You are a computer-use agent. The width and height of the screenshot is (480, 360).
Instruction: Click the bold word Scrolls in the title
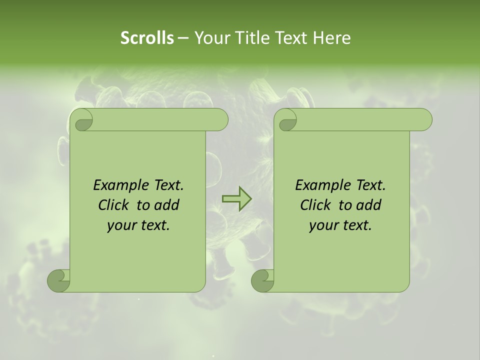[x=147, y=38]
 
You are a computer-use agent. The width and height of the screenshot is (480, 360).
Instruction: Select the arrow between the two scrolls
[x=236, y=199]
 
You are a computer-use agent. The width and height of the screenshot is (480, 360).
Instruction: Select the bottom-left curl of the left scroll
[x=59, y=280]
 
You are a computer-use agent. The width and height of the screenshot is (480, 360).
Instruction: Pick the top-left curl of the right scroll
[x=287, y=120]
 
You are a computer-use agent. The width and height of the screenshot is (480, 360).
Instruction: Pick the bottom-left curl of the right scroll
[x=263, y=280]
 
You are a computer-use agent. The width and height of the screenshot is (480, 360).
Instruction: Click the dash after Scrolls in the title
[x=183, y=38]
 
